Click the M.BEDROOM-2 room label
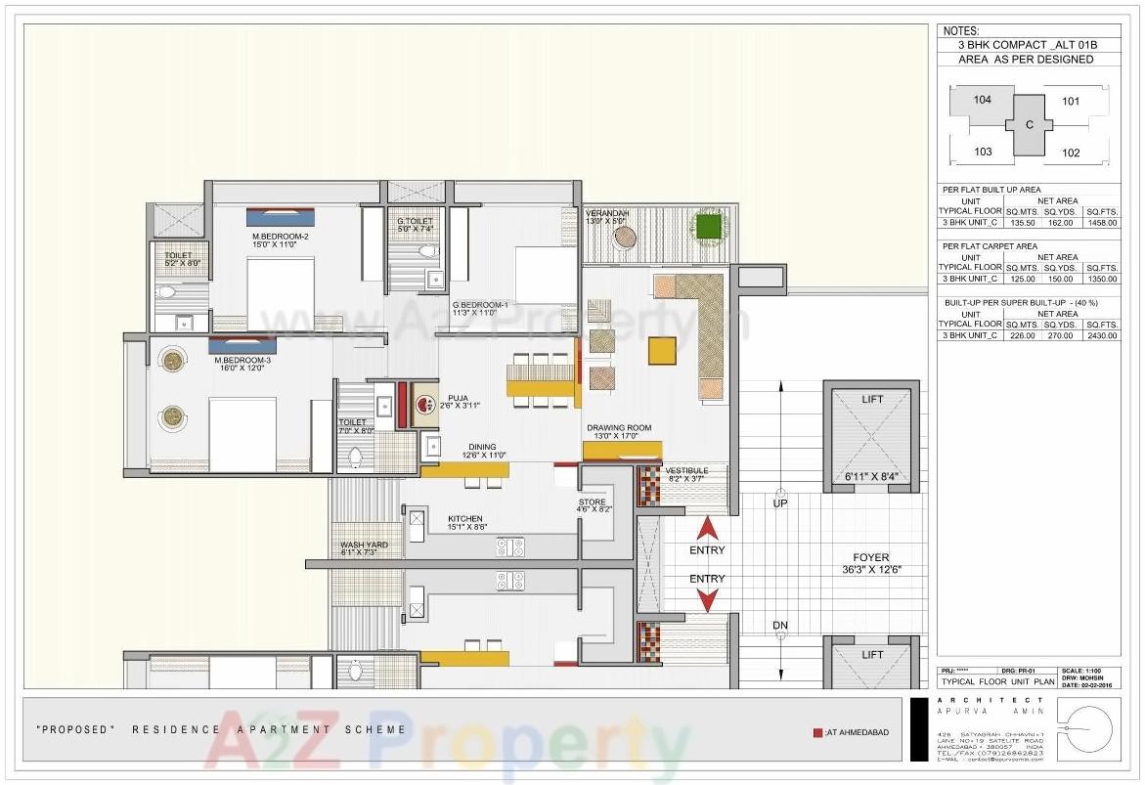point(281,237)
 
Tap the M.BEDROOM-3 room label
point(242,360)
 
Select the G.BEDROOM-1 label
point(480,305)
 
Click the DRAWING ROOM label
point(619,428)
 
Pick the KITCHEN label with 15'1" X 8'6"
point(465,519)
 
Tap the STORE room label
point(592,502)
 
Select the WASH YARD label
point(364,545)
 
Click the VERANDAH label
point(607,213)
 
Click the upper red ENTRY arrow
point(708,531)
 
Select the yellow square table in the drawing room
point(662,350)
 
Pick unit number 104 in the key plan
point(983,100)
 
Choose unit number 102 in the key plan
point(1071,153)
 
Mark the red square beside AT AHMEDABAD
point(817,732)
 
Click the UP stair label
point(780,502)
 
